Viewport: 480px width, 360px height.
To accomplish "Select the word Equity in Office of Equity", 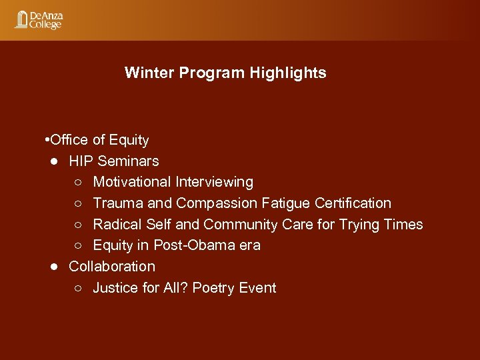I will [x=129, y=140].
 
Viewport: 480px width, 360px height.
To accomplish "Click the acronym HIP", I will [x=81, y=161].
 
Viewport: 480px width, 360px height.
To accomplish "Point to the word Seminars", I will [x=128, y=161].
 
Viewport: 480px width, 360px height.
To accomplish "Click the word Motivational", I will [x=132, y=182].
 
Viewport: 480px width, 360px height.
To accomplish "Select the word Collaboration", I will [x=112, y=266].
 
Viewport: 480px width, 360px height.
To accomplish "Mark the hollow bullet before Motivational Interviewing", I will [x=79, y=182].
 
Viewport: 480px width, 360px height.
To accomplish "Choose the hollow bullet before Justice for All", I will [x=79, y=288].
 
